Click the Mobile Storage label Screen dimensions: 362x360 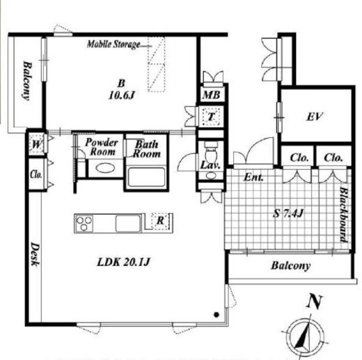tap(113, 44)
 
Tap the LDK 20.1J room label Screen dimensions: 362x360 tap(123, 262)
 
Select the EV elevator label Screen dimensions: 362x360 tap(315, 116)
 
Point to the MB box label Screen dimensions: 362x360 tap(211, 95)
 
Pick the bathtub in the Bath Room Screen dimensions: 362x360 tap(147, 177)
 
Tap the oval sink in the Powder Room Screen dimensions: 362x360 tap(105, 168)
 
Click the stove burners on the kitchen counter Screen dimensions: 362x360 tap(84, 223)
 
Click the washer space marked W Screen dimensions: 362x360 tap(37, 145)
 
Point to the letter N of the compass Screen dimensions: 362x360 tap(315, 302)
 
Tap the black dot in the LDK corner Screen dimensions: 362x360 tap(217, 315)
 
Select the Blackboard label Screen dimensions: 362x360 tap(345, 214)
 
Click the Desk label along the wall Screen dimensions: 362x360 tap(36, 254)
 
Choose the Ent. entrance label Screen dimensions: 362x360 tap(253, 178)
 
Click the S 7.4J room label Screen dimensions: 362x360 tap(288, 213)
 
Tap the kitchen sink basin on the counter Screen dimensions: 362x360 tap(128, 224)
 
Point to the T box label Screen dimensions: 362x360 tap(211, 116)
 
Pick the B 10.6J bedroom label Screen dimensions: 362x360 tap(122, 89)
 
